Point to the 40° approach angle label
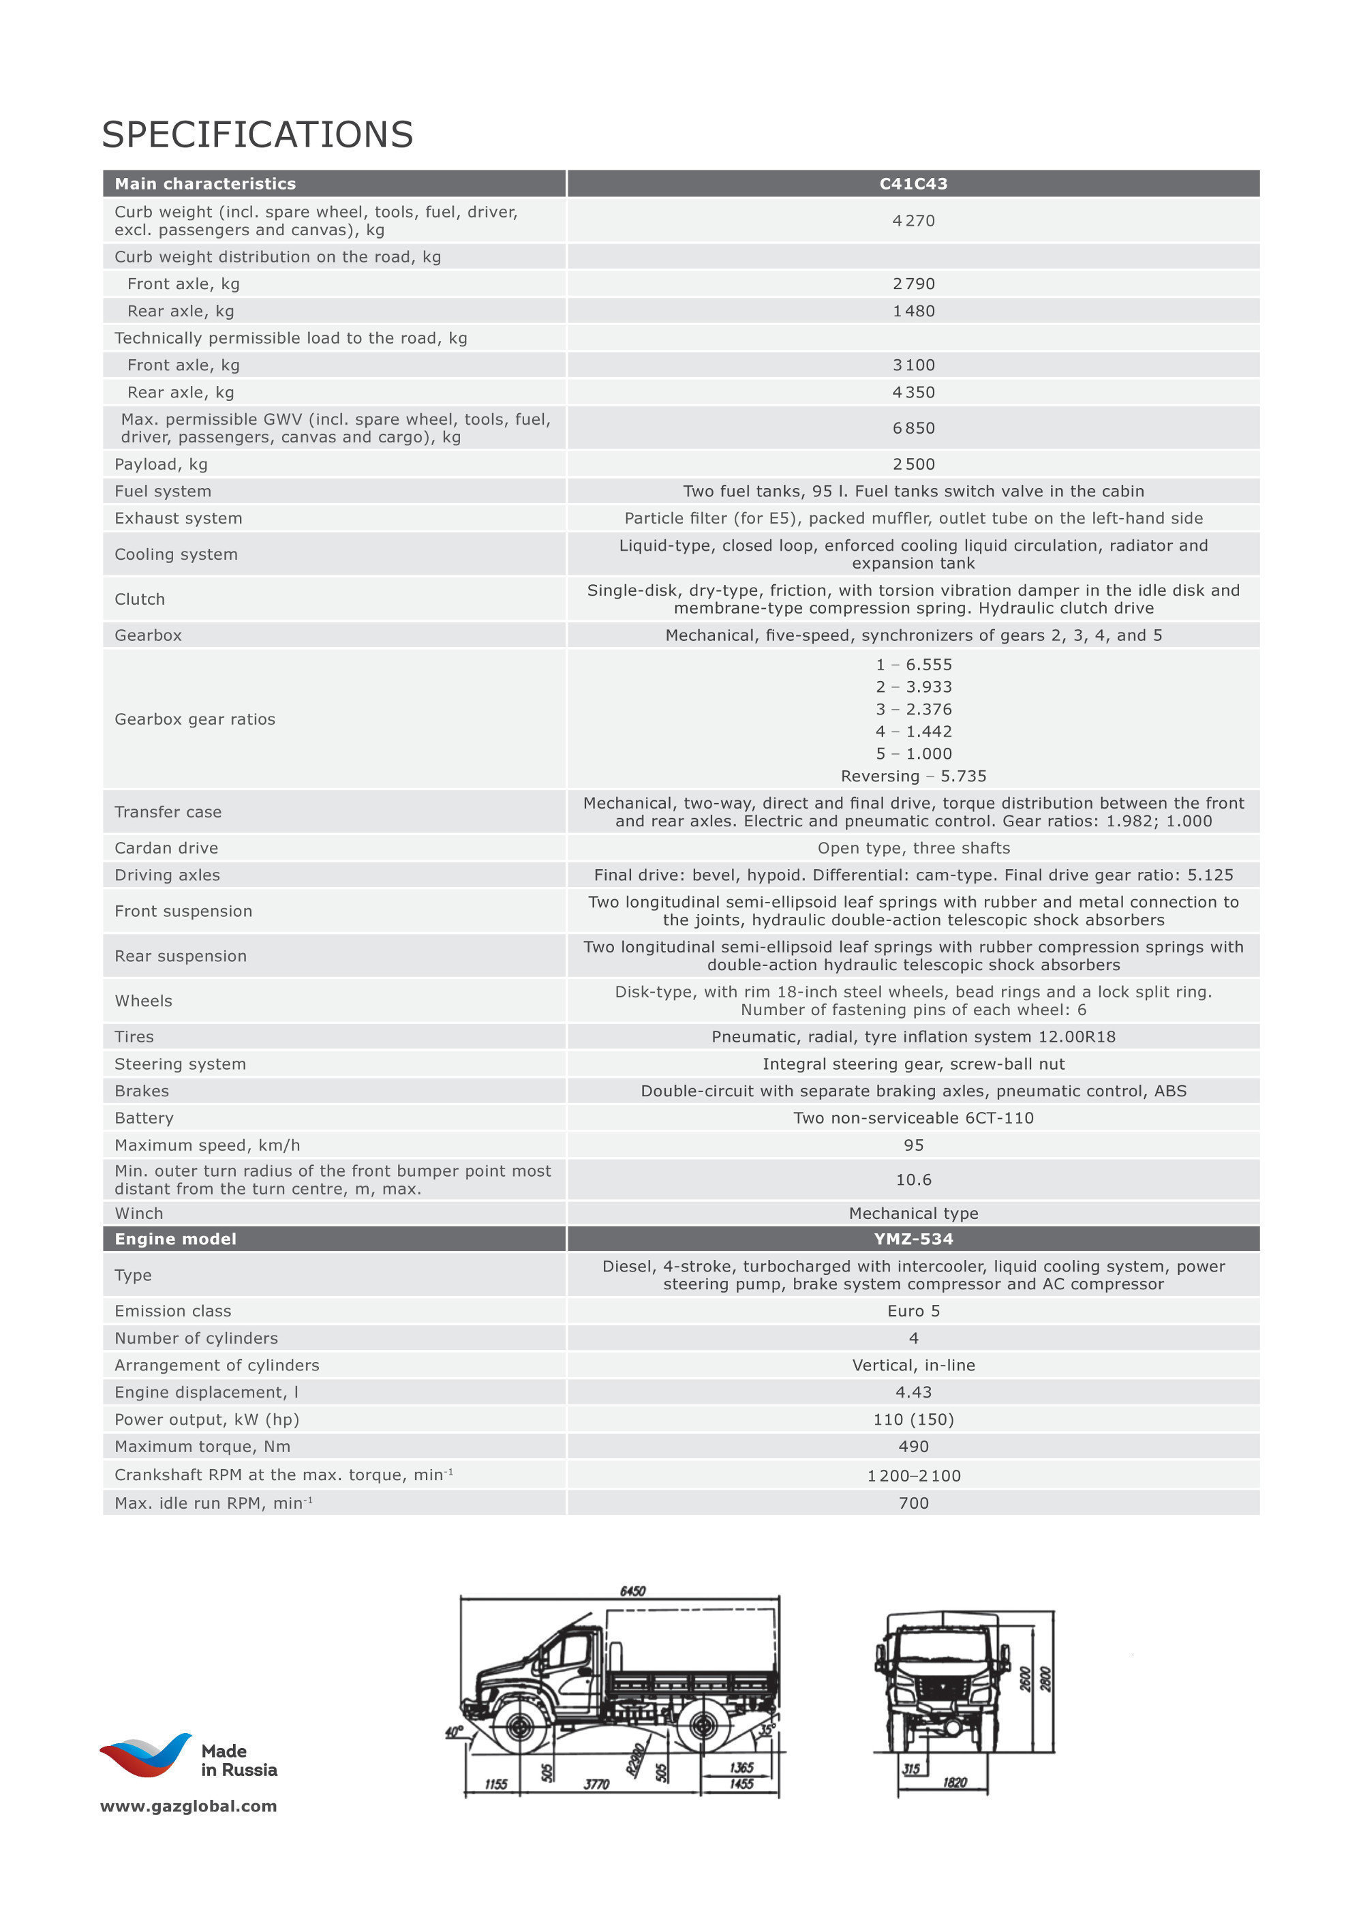point(454,1732)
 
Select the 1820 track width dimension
point(954,1783)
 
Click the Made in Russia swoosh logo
point(145,1756)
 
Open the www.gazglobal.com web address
point(188,1807)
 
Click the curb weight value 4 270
point(913,221)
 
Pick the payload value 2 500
point(913,464)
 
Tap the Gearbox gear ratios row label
point(195,719)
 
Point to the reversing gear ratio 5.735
point(913,777)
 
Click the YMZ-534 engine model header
point(913,1239)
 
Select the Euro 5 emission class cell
point(913,1311)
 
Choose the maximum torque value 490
point(913,1446)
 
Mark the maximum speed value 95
point(913,1145)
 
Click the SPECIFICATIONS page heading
point(258,134)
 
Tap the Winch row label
point(139,1213)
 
